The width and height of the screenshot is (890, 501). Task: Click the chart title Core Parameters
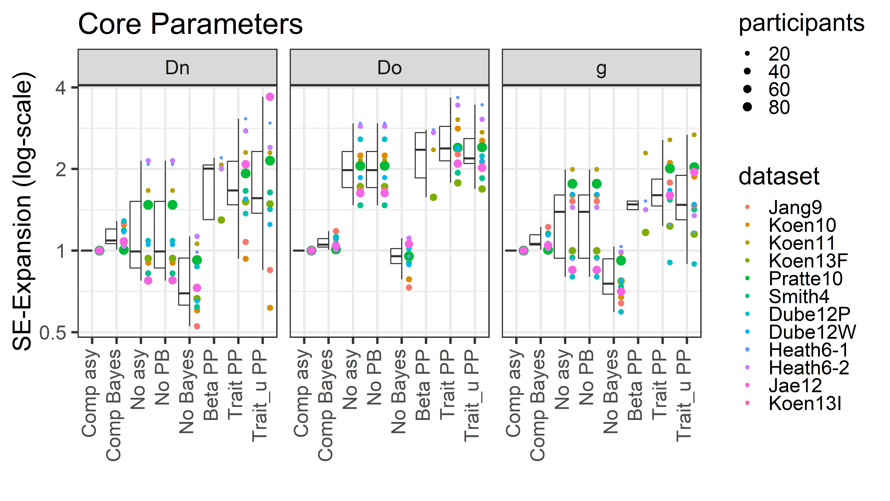190,24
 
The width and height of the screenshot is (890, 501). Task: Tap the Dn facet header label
177,68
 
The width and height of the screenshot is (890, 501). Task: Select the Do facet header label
389,68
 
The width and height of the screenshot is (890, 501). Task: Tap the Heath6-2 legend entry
808,368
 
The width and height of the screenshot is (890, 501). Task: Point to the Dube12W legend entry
812,332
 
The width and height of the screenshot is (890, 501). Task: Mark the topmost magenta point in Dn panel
270,97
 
